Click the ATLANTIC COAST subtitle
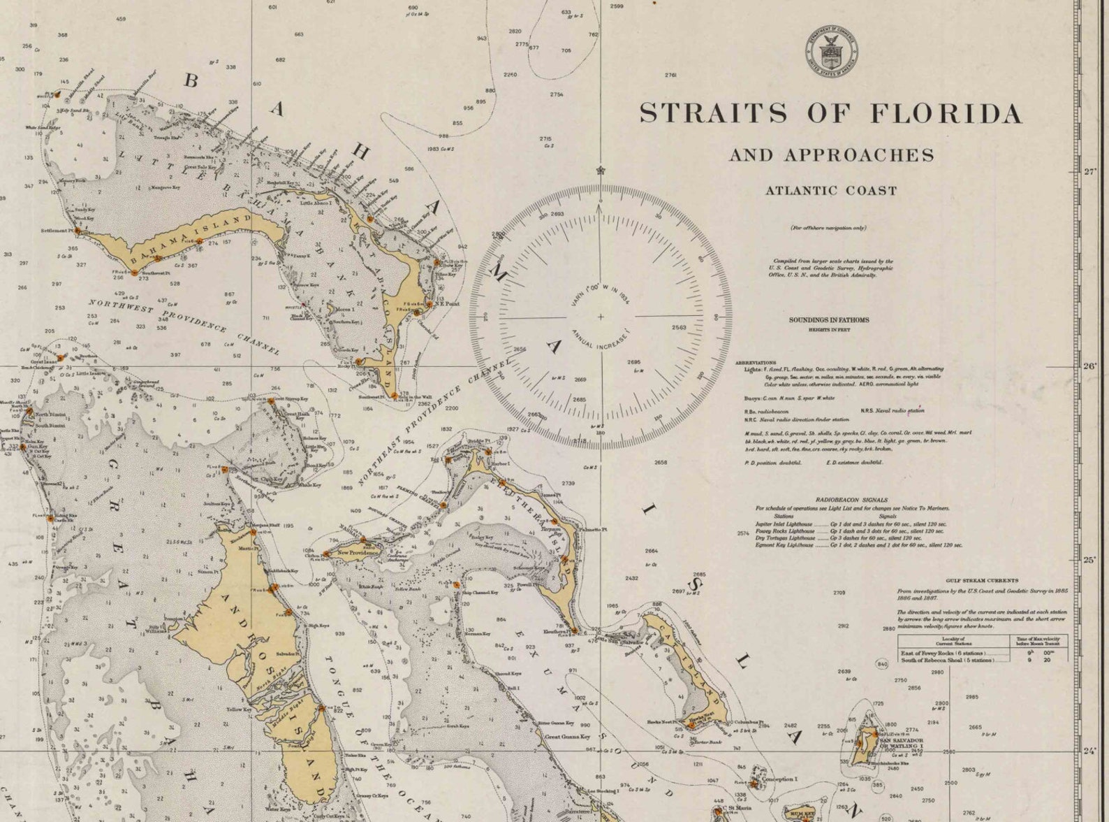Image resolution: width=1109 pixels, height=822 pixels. pos(831,190)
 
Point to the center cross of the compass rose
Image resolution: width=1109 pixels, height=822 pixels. pos(601,317)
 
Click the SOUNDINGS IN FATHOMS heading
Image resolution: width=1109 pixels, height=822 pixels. pos(829,320)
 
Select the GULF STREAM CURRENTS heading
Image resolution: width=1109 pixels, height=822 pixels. pos(971,580)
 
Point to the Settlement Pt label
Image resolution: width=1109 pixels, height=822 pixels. pos(57,230)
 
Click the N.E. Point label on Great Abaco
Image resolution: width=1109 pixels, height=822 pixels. pos(447,303)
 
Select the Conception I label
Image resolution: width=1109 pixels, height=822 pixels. pos(779,779)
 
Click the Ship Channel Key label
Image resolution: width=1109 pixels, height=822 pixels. pos(480,592)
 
